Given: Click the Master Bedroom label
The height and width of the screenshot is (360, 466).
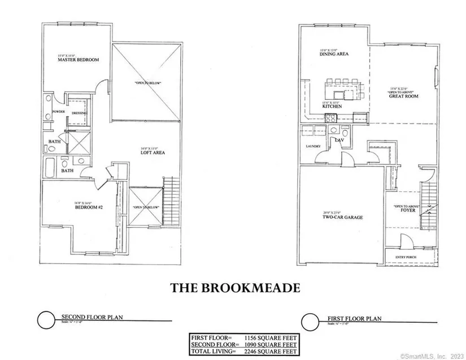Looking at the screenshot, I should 80,60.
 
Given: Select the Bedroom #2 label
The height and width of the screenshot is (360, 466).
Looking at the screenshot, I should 88,207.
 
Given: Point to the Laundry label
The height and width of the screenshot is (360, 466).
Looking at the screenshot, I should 313,146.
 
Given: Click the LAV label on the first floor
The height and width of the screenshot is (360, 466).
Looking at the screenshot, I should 340,139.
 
